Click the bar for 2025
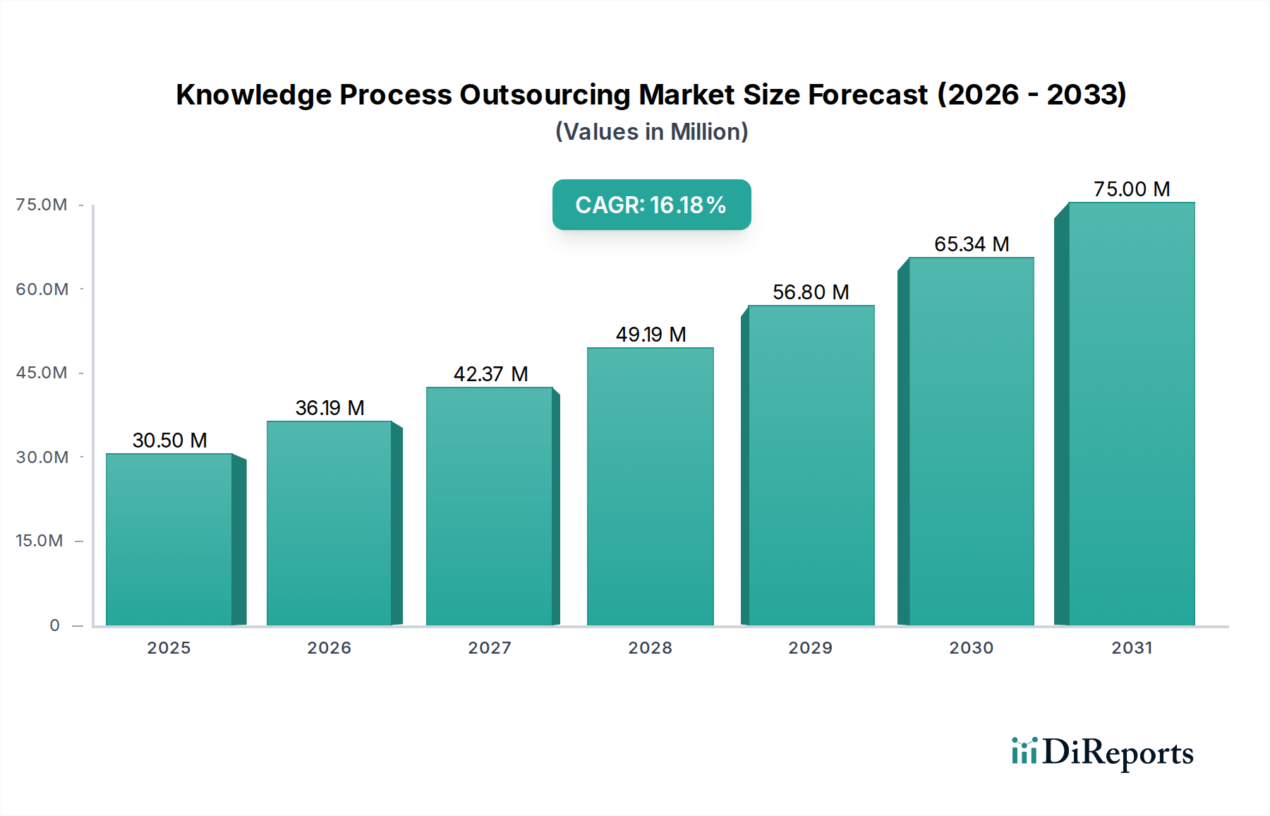click(x=169, y=540)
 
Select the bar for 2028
click(x=650, y=487)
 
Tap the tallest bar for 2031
click(x=1131, y=414)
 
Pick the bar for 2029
click(x=811, y=466)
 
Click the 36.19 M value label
click(x=329, y=408)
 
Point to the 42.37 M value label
click(x=490, y=374)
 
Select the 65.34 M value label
click(x=972, y=244)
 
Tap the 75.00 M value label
click(x=1132, y=189)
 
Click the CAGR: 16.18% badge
click(x=651, y=205)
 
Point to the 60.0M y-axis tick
click(x=42, y=289)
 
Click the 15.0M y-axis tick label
click(x=40, y=541)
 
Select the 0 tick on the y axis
click(x=54, y=625)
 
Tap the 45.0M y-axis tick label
click(x=42, y=373)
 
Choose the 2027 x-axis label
click(x=490, y=648)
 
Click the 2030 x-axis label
click(x=971, y=648)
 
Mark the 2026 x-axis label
click(x=329, y=648)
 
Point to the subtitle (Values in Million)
click(x=651, y=132)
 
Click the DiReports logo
click(x=1102, y=752)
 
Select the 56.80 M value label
click(x=811, y=292)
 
